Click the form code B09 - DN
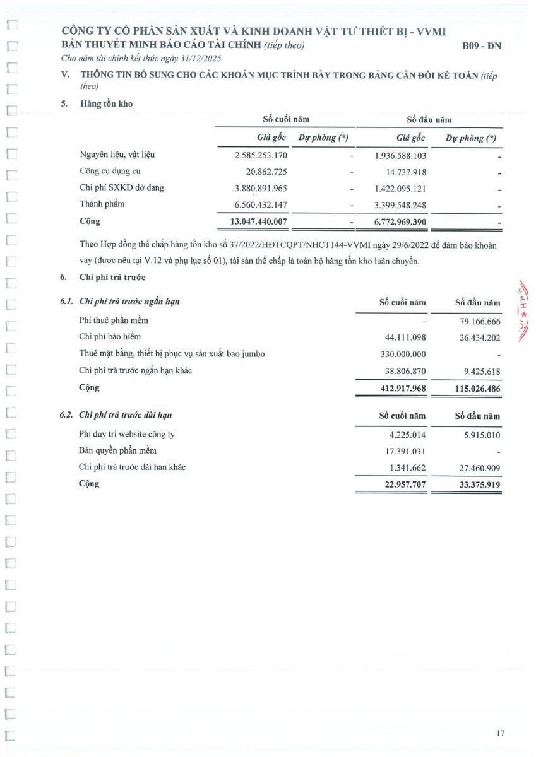(x=482, y=45)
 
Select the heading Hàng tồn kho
(x=106, y=103)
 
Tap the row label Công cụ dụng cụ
(x=110, y=172)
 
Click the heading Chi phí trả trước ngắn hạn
(x=129, y=302)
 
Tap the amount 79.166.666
(x=477, y=321)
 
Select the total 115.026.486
(x=477, y=389)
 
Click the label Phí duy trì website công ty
(x=127, y=434)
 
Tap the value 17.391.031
(x=405, y=451)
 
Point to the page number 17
(x=500, y=733)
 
